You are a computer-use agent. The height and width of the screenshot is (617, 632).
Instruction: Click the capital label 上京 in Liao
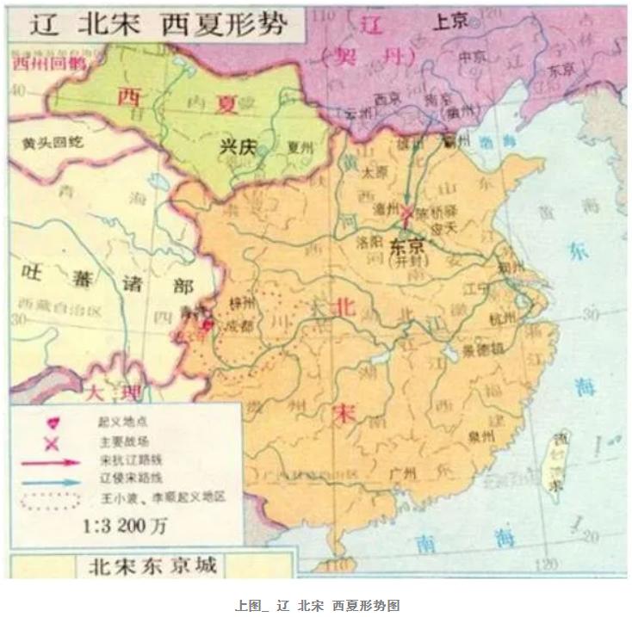tap(449, 23)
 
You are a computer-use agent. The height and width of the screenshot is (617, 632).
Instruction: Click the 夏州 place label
tap(298, 147)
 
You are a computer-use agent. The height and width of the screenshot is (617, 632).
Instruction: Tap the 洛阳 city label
tap(368, 243)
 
